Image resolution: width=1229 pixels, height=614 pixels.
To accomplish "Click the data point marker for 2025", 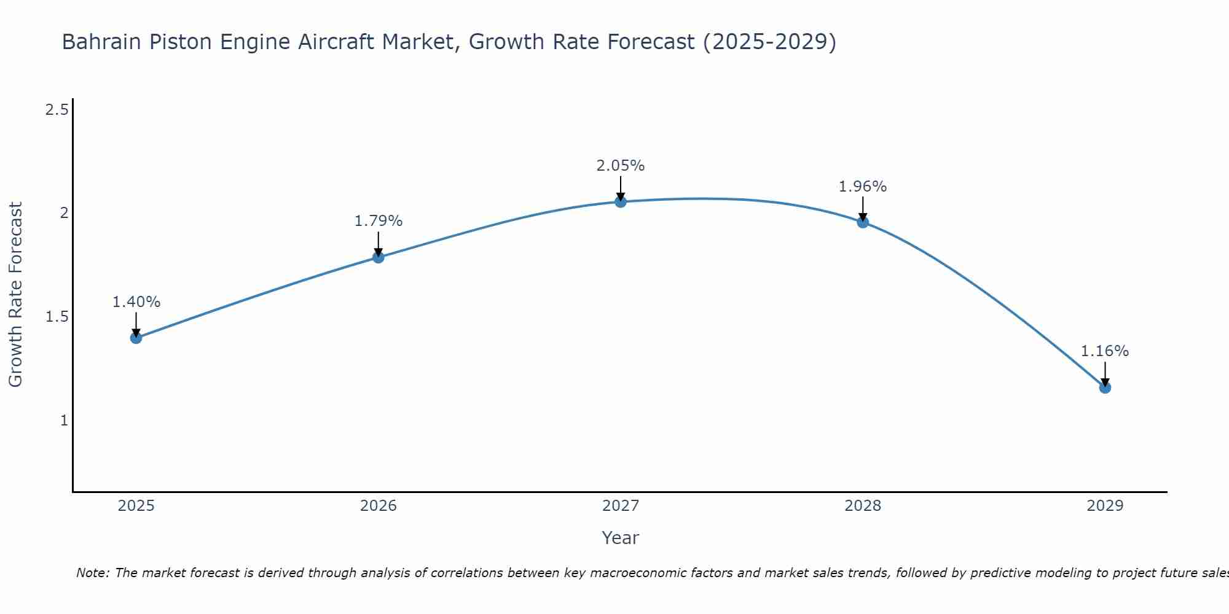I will tap(136, 338).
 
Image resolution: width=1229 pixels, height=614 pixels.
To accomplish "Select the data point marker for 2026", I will tap(379, 257).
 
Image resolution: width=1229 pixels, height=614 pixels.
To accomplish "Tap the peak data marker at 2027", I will tap(621, 201).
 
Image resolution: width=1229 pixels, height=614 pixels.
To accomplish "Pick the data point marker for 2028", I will tap(863, 222).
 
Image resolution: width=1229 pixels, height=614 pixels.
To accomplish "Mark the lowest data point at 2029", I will tap(1105, 387).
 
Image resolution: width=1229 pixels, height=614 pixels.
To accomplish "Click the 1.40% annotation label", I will tap(136, 302).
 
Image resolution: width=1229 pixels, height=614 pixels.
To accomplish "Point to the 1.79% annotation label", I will tap(379, 221).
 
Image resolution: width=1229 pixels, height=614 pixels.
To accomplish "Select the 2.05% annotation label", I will tap(621, 166).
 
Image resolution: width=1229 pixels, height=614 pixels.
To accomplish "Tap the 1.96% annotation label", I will tap(863, 187).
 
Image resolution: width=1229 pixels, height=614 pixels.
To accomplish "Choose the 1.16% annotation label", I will tap(1105, 351).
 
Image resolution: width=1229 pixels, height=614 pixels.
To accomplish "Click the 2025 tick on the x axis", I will tap(136, 506).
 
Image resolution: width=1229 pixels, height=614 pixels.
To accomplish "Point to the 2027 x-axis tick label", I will tap(621, 506).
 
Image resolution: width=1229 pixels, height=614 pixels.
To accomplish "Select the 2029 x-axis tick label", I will tap(1105, 506).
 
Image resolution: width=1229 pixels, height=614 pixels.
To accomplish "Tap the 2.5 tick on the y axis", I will tap(57, 110).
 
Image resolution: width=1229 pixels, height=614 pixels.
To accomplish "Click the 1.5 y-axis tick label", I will tap(57, 317).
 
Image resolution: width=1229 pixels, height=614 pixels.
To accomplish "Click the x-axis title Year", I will tap(621, 538).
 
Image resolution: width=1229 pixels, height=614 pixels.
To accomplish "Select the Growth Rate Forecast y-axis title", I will tap(16, 295).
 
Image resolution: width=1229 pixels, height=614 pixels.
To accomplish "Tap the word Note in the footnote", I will tap(92, 573).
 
